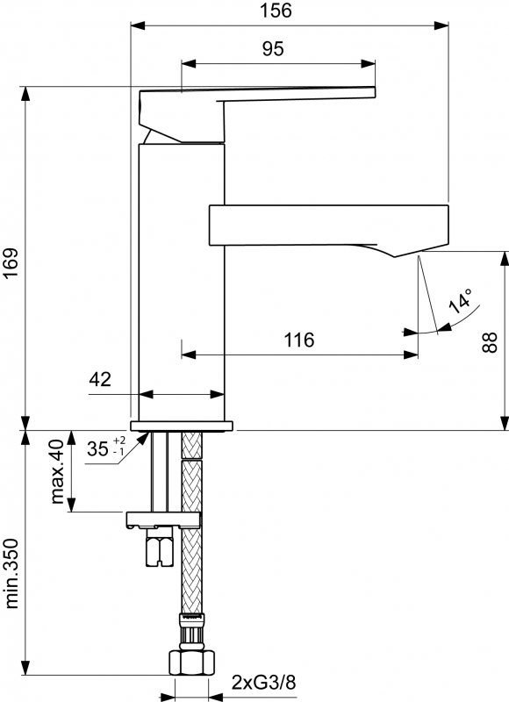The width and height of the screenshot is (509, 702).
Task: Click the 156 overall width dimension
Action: (276, 11)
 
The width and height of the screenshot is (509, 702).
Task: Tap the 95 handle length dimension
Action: (273, 49)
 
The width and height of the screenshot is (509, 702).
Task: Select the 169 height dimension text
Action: (11, 262)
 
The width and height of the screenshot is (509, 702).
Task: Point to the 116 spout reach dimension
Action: (299, 340)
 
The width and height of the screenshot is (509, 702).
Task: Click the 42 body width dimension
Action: (100, 380)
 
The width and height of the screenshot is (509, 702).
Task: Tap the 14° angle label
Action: (461, 301)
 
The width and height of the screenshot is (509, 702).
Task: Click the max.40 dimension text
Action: (58, 471)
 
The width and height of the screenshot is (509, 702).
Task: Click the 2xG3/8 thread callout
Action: (263, 683)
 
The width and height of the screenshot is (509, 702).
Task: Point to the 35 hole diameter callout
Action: (97, 448)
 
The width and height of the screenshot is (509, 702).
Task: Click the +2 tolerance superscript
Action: (119, 441)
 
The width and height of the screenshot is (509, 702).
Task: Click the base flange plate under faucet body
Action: (182, 426)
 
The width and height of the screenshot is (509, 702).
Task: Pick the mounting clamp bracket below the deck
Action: (163, 519)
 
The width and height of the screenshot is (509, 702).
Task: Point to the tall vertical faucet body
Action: (182, 282)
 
